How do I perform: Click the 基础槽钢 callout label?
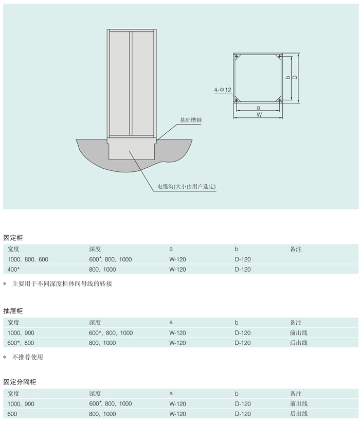(x=190, y=120)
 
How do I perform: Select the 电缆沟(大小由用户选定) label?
(x=186, y=186)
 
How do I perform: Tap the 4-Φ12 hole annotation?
(x=223, y=90)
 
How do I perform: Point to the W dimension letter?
(x=259, y=115)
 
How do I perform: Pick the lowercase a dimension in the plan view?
(x=258, y=107)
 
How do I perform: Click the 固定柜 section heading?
(x=13, y=238)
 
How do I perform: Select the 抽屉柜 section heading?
(x=13, y=311)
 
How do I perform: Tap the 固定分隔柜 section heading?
(x=20, y=382)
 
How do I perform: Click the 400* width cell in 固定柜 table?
(x=14, y=269)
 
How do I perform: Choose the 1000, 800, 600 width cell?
(x=28, y=259)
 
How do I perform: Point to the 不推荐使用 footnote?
(x=31, y=357)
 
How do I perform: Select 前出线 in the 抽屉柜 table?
(x=299, y=333)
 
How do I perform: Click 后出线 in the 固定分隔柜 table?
(x=299, y=414)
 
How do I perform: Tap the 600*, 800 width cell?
(x=21, y=343)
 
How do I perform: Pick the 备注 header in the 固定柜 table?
(x=296, y=249)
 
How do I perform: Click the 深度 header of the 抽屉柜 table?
(x=95, y=323)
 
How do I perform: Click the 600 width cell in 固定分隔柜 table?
(x=12, y=414)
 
